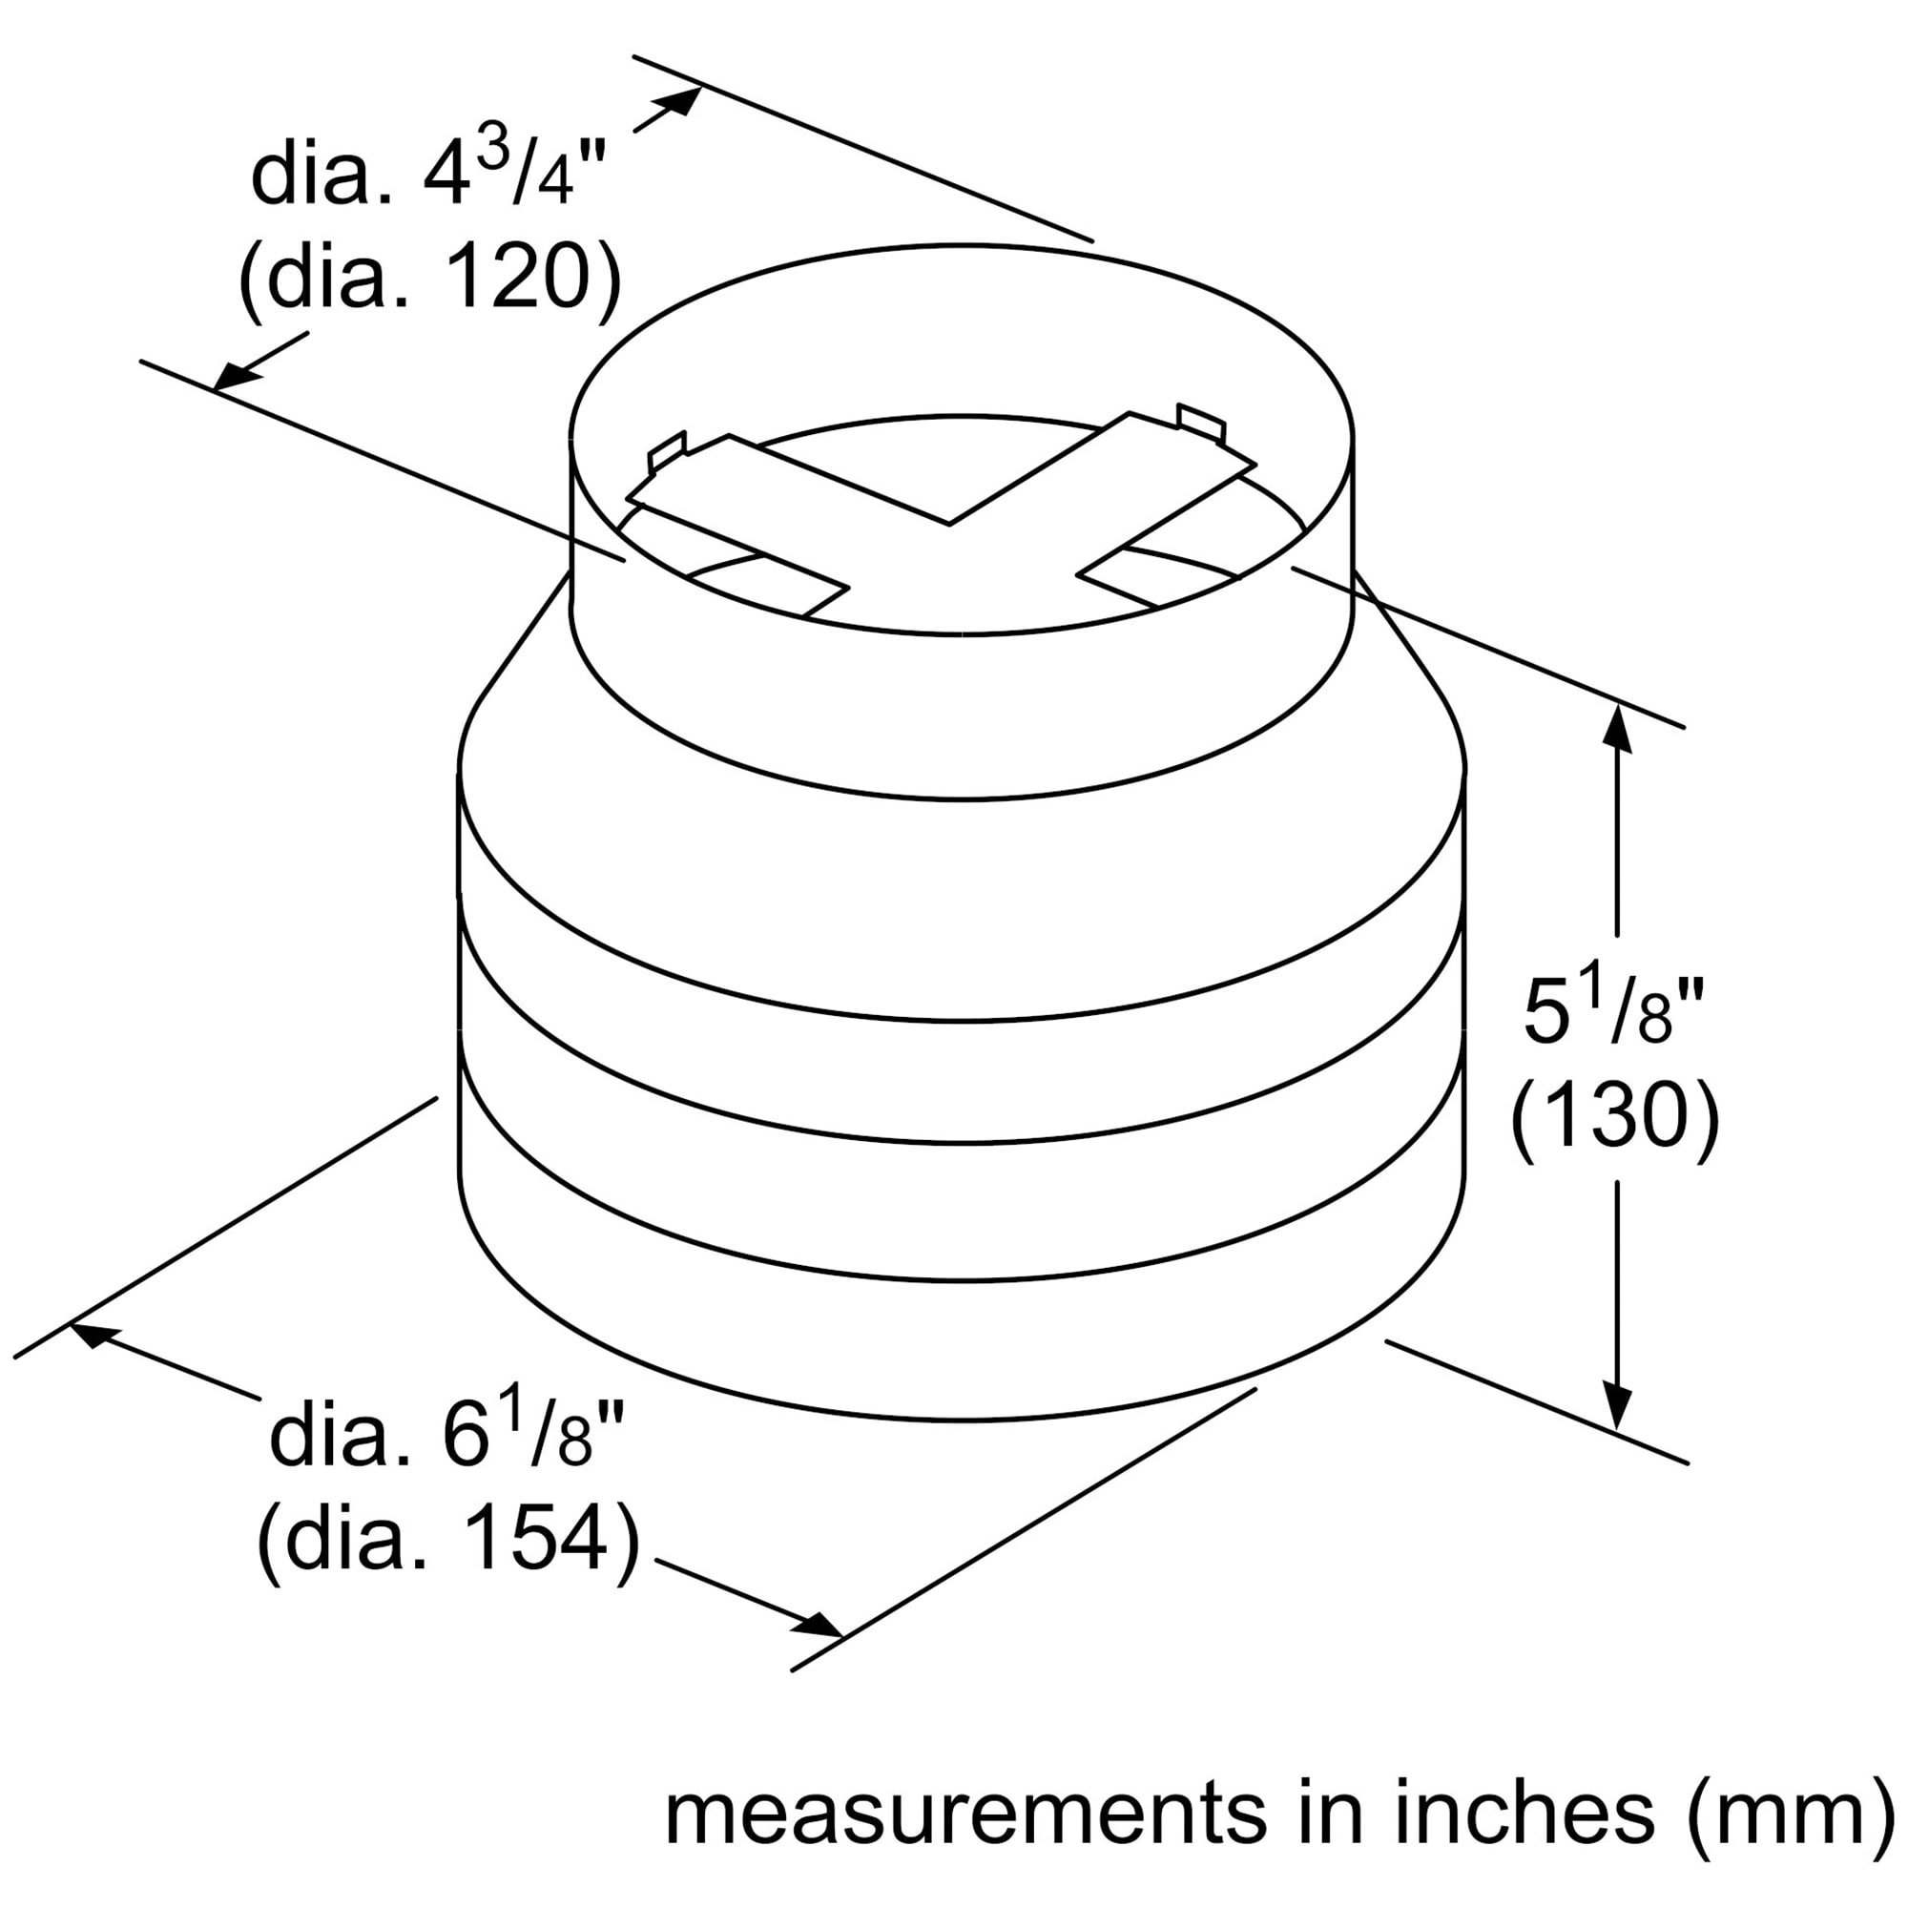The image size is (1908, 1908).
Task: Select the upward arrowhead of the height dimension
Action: pos(1616,732)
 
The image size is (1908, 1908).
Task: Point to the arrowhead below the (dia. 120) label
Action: pos(233,376)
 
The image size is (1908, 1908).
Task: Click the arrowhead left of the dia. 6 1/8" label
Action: pos(92,1336)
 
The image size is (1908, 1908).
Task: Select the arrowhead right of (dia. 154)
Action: pos(821,1623)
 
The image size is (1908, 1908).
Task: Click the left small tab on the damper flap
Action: pos(666,452)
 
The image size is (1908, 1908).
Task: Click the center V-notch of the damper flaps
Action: pos(949,522)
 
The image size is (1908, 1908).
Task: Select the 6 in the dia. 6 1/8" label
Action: pos(467,1438)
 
